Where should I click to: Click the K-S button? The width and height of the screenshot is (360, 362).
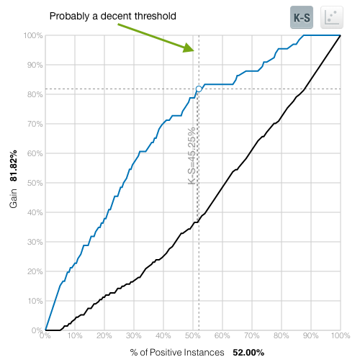(x=300, y=17)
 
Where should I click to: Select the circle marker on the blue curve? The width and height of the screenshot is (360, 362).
(x=199, y=89)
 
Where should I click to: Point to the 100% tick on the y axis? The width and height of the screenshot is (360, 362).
(x=33, y=35)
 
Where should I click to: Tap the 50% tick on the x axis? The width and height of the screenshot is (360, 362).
(x=192, y=336)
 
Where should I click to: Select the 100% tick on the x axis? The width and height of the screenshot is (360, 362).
(x=339, y=336)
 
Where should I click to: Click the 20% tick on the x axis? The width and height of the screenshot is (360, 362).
(x=104, y=336)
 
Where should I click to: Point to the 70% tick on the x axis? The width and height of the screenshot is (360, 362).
(x=251, y=336)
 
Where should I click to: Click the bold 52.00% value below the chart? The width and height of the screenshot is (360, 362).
(x=248, y=353)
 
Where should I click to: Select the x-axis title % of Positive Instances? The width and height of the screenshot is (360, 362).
(x=176, y=353)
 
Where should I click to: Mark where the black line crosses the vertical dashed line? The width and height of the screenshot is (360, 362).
(x=199, y=221)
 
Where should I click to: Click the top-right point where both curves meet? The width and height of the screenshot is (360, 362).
(x=340, y=35)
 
